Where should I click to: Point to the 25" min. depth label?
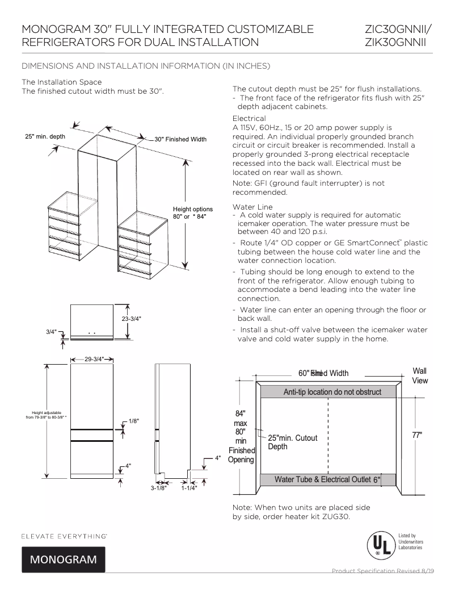click(x=45, y=137)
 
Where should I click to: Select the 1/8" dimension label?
click(x=134, y=421)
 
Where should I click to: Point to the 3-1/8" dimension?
click(x=158, y=487)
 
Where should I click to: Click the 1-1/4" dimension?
click(x=189, y=487)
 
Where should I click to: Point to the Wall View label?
click(x=420, y=375)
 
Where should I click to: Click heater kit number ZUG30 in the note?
click(x=338, y=516)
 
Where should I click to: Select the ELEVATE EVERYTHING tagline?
click(x=65, y=536)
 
